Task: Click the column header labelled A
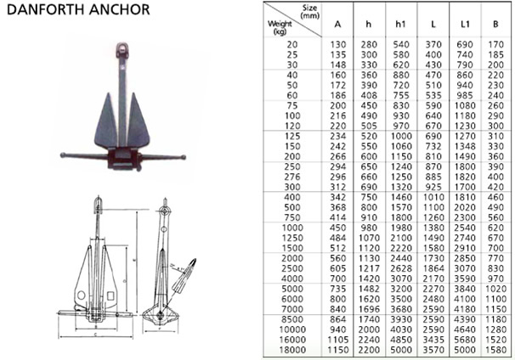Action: tap(338, 25)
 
